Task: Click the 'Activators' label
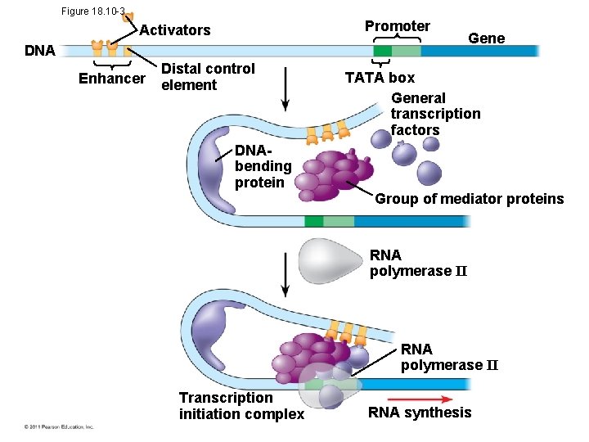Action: [x=175, y=30]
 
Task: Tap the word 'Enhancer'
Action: [x=111, y=79]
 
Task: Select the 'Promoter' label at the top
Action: [x=397, y=26]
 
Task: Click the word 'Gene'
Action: [x=486, y=38]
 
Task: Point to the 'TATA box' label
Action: [x=380, y=78]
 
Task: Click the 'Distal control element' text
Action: [x=208, y=77]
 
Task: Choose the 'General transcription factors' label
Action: [x=435, y=114]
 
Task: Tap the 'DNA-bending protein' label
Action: [x=263, y=166]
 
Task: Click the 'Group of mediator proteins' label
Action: [x=469, y=199]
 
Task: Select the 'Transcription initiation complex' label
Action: [x=241, y=406]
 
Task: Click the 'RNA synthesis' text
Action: [x=420, y=413]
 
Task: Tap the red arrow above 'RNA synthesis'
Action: [x=422, y=399]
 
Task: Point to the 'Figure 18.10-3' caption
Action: [x=92, y=11]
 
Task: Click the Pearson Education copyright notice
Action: [x=59, y=426]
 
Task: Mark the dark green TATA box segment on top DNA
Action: [x=382, y=51]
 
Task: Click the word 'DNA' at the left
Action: [x=39, y=51]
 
